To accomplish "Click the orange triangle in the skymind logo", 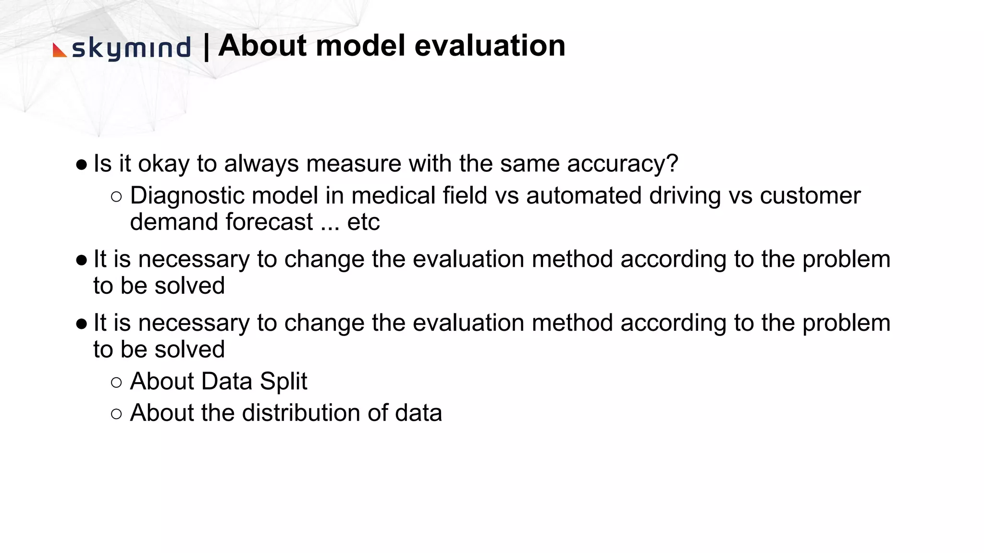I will [x=59, y=50].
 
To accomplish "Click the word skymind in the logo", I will [x=131, y=48].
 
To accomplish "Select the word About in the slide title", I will [x=262, y=46].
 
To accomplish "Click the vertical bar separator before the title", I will [x=206, y=47].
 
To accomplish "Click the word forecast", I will [x=269, y=222].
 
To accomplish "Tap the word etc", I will [x=363, y=222].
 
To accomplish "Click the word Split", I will [x=283, y=382].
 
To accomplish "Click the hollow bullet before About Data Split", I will [x=116, y=383].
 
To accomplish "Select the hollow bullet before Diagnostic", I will [x=116, y=197].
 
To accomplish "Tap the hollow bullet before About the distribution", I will [x=116, y=414].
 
